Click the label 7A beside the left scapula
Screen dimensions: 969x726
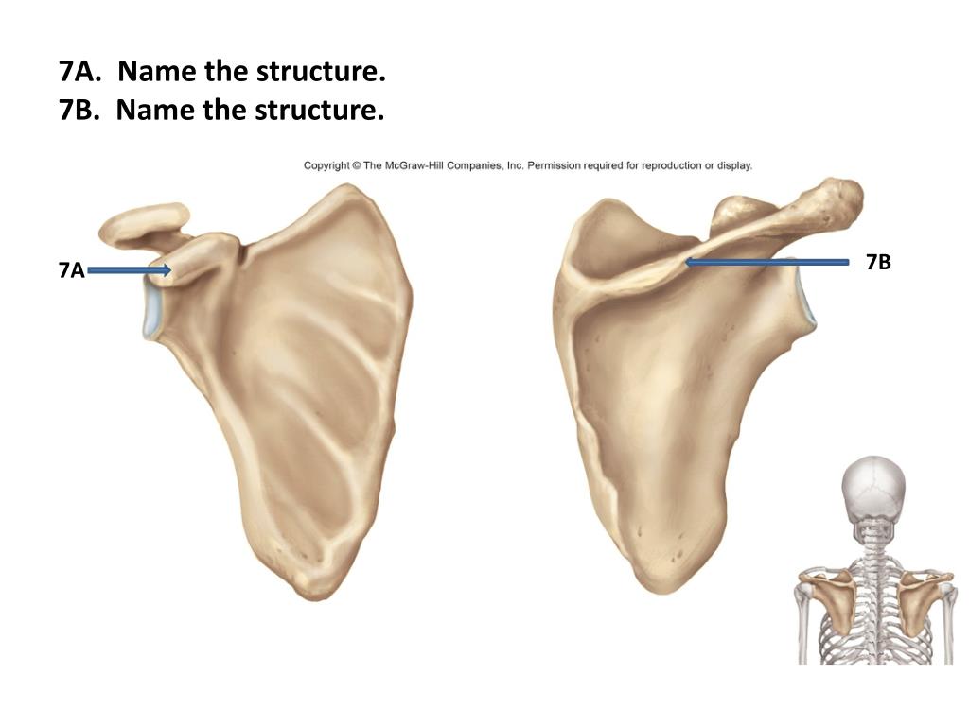71,271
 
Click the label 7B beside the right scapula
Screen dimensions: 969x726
878,263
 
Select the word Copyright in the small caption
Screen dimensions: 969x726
326,165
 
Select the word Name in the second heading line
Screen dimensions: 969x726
153,111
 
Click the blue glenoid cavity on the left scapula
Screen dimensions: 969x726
151,312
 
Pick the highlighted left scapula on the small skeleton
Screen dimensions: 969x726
833,601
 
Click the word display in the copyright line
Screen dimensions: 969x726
734,165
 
